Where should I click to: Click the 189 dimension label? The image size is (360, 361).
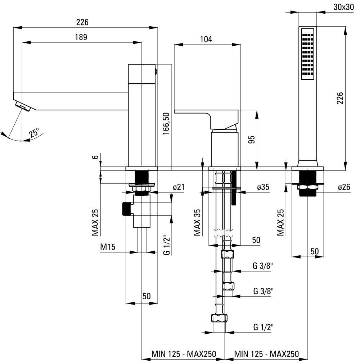81,37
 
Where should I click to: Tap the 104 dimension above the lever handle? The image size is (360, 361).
206,39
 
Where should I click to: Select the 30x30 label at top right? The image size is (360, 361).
343,7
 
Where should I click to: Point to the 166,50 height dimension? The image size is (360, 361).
166,123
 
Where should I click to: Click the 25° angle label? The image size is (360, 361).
33,133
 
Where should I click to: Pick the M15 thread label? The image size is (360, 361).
108,247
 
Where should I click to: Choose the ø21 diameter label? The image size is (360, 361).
179,187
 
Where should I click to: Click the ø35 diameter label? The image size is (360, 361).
263,187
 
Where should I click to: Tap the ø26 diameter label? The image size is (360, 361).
344,187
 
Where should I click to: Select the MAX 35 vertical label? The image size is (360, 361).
197,223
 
